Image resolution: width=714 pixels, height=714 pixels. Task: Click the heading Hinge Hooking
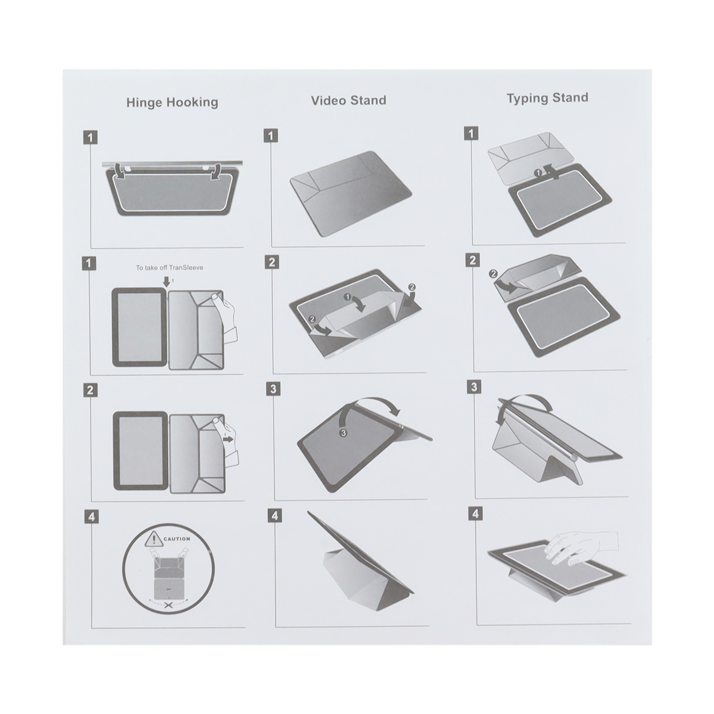coord(172,103)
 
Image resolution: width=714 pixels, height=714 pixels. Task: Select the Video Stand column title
coord(348,100)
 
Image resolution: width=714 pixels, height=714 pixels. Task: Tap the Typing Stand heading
coord(547,98)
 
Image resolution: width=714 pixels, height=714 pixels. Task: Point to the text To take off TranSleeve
coord(169,268)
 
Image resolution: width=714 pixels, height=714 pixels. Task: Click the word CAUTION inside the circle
coord(177,539)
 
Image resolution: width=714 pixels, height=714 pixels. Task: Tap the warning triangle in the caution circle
coord(154,539)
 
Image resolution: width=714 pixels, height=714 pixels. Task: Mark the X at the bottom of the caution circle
coord(168,605)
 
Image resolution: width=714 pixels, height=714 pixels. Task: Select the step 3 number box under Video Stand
coord(273,388)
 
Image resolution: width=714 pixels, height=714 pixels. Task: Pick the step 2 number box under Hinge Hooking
coord(90,390)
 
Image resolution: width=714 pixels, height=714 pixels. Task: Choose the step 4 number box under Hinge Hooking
coord(91,516)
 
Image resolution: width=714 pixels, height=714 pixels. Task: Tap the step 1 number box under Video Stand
coord(270,136)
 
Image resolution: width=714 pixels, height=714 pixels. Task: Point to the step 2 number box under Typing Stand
coord(472,260)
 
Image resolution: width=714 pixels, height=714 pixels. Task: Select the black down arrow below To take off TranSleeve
coord(166,281)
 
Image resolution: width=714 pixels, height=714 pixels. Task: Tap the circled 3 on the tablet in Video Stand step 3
coord(344,433)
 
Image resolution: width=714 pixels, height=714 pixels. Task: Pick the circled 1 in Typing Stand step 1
coord(538,173)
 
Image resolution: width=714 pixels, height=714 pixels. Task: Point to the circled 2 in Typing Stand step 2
coord(493,274)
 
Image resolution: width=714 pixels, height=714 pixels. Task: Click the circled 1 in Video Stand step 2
coord(348,297)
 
